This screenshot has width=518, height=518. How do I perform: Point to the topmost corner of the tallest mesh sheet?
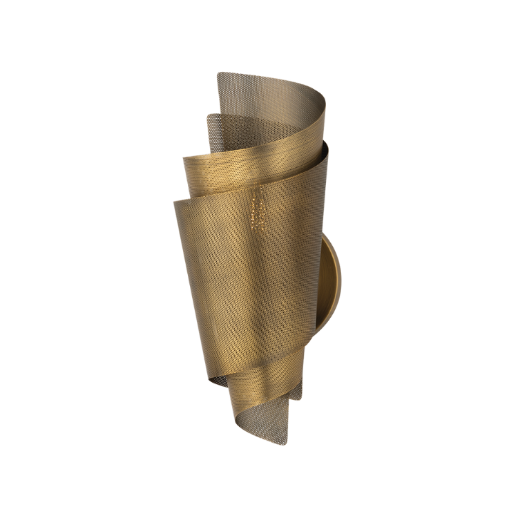(x=219, y=73)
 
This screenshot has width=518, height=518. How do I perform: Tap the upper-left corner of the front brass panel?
(x=174, y=202)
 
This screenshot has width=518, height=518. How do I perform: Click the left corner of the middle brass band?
(x=184, y=160)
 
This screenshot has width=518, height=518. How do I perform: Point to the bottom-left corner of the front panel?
(x=207, y=380)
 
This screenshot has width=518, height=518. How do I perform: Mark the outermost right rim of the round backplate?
(x=341, y=283)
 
